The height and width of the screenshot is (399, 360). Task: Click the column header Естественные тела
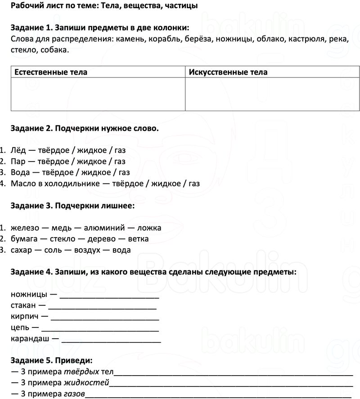click(51, 72)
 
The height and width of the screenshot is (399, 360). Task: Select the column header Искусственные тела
click(228, 72)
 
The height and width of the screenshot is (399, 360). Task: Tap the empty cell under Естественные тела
click(98, 94)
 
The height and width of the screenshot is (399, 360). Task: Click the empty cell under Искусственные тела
click(272, 94)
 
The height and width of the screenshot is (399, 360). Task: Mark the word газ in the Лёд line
click(120, 150)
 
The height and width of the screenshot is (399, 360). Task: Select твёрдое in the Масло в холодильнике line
click(131, 184)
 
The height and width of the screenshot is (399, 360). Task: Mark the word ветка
click(138, 239)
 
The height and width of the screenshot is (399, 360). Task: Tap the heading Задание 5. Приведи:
click(52, 361)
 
